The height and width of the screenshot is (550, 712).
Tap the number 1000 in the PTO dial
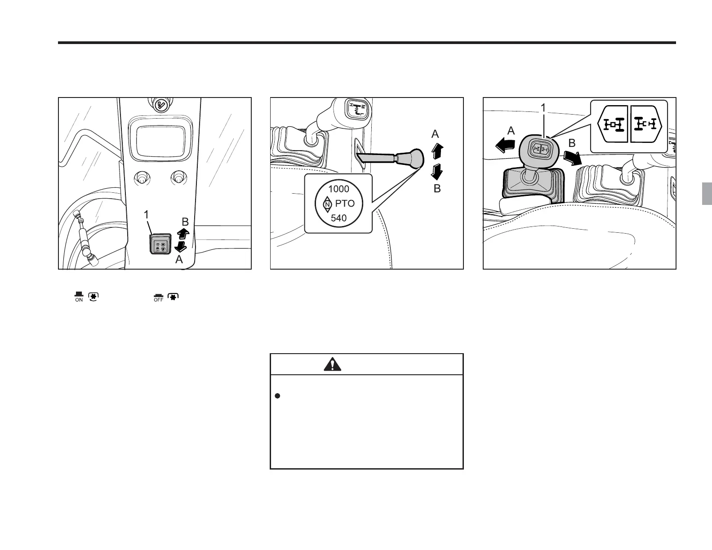[x=338, y=189]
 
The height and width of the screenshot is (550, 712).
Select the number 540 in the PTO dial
[x=338, y=218]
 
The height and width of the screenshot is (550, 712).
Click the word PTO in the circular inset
[x=345, y=204]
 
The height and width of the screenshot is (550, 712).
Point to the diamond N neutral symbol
[x=327, y=204]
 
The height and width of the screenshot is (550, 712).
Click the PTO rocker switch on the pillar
[x=160, y=245]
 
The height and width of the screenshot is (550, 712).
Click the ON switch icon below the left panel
[x=79, y=297]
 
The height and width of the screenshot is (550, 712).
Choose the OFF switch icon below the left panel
[x=158, y=297]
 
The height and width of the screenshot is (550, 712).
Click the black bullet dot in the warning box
[x=277, y=396]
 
